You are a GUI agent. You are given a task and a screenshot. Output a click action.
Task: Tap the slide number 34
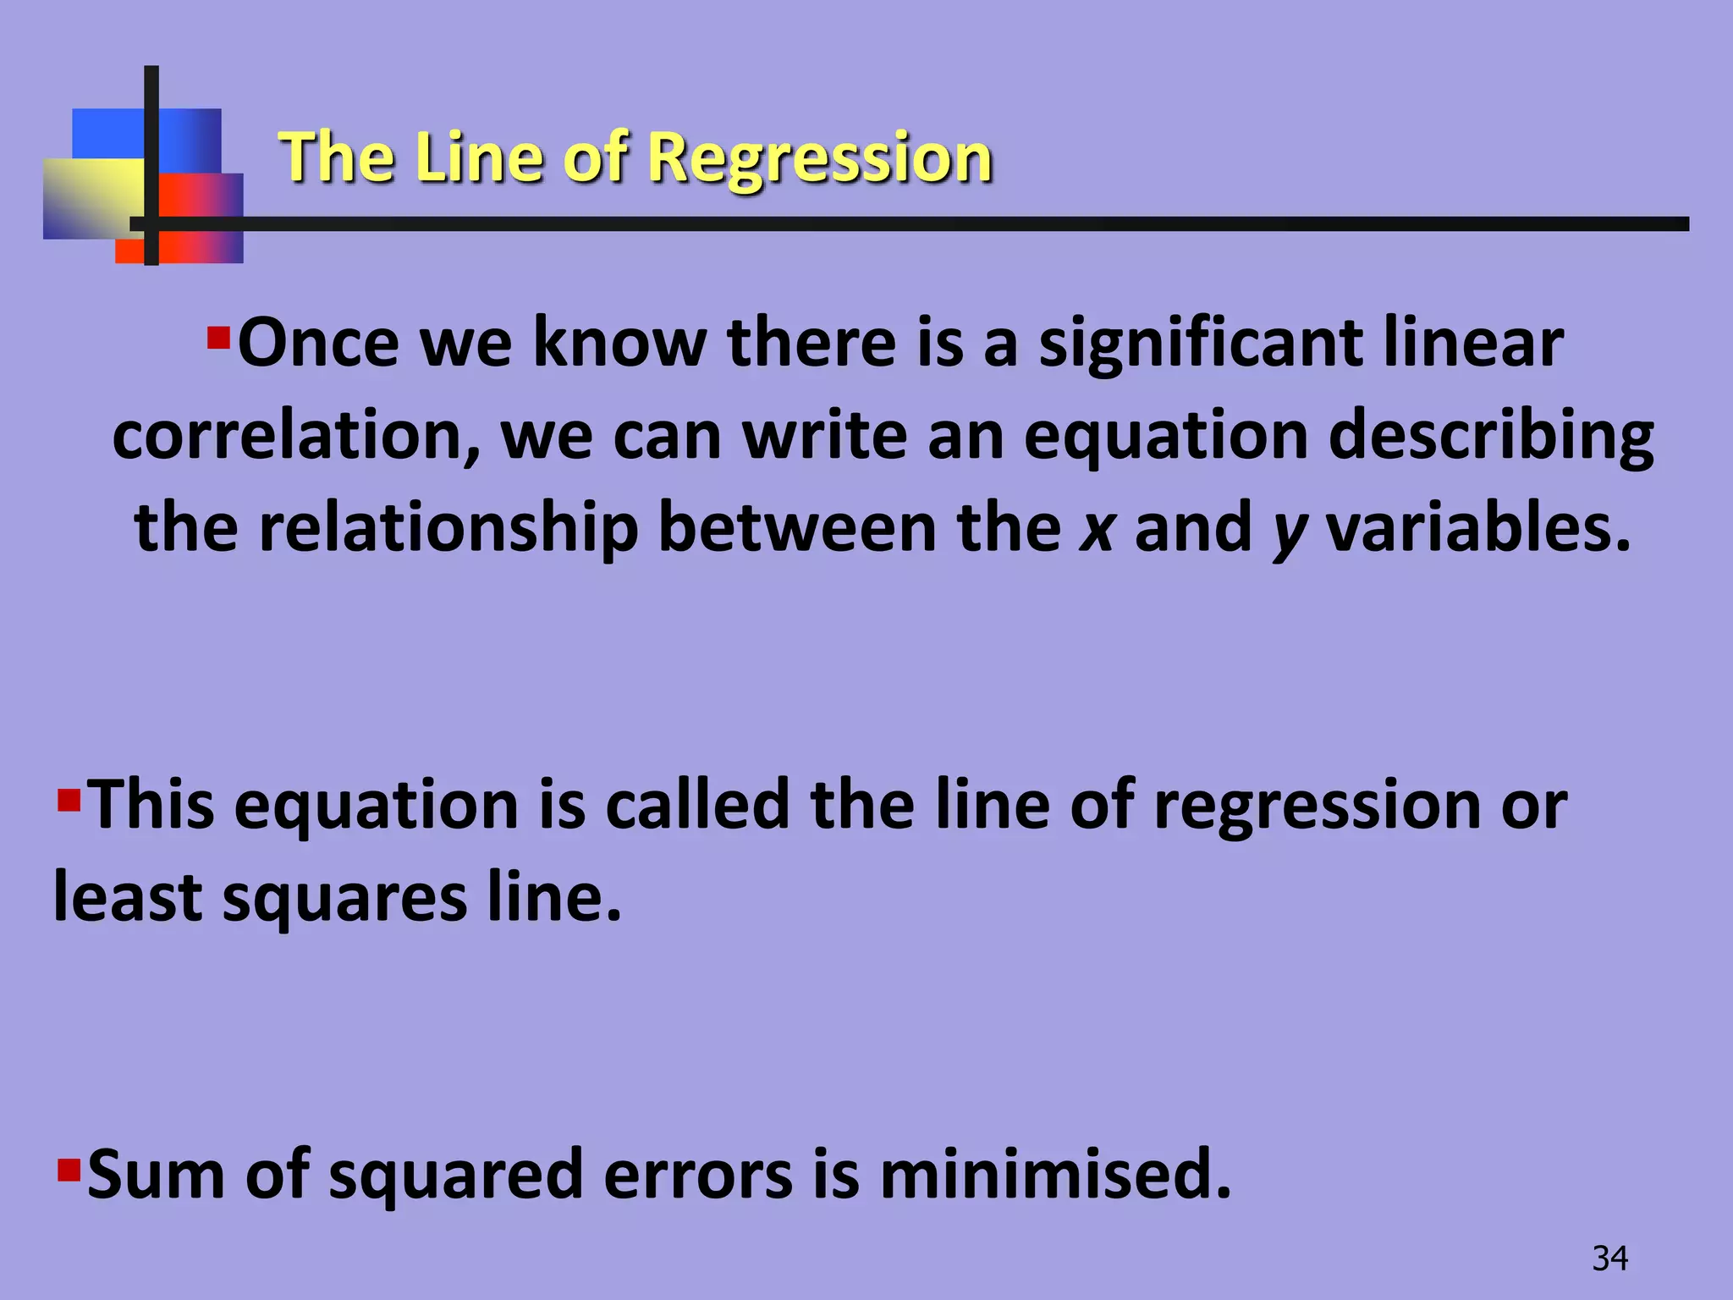tap(1609, 1259)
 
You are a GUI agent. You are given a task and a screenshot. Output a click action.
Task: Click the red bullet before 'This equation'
tap(69, 799)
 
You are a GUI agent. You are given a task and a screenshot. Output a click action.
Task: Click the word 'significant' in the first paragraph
tap(1201, 344)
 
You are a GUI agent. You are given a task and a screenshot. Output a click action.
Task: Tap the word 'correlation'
tap(296, 436)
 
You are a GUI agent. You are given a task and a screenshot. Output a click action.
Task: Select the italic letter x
tap(1097, 528)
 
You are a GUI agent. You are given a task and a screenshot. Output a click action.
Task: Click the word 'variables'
tap(1477, 528)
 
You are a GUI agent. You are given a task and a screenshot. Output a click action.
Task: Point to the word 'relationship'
tap(448, 528)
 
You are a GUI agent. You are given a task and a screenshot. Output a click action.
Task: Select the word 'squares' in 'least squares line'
tap(344, 899)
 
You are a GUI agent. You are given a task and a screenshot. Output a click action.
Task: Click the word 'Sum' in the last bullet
tap(157, 1175)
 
